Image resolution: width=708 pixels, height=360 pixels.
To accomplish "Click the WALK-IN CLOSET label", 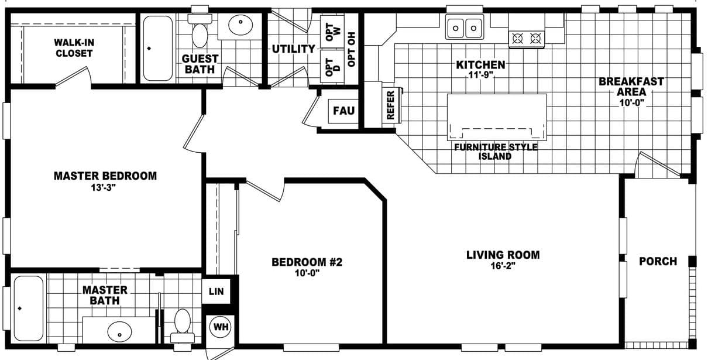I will coord(74,48).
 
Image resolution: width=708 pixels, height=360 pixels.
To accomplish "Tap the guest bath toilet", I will coord(200,32).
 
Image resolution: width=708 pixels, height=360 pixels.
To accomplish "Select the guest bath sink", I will coord(240,25).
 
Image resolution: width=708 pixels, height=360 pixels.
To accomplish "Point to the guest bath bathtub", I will coord(157,48).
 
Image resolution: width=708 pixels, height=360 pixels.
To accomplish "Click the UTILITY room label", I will coord(293,49).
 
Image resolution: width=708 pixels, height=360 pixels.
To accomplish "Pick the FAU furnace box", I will coord(343,110).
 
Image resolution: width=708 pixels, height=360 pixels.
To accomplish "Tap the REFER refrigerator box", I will coord(391,105).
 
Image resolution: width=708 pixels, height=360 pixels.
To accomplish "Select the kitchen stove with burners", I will coord(525,39).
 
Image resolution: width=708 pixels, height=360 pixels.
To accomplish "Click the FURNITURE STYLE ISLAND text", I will coord(495,152).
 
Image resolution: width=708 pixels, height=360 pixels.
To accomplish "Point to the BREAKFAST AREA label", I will coord(631,87).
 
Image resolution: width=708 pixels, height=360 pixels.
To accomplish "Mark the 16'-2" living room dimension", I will coord(503,266).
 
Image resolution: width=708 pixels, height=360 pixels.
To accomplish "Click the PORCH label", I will coord(658,261).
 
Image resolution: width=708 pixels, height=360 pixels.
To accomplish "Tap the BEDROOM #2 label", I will coord(307,262).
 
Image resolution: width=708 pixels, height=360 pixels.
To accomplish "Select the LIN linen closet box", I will coord(216,292).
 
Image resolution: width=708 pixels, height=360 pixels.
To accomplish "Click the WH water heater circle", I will coord(221,327).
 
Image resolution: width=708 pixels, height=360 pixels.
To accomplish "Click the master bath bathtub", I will coord(28,309).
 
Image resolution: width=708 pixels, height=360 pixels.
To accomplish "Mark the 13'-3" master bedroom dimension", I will coord(105,187).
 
